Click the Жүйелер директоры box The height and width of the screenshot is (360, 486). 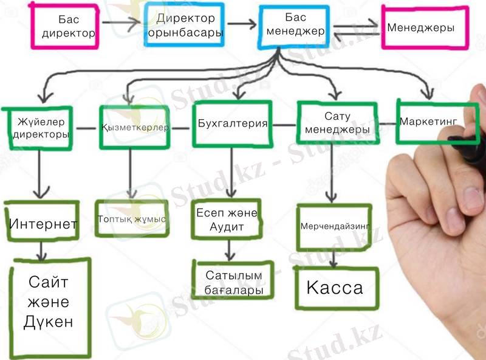click(39, 128)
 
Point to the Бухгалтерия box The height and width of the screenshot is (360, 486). click(232, 125)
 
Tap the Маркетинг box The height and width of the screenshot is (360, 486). click(428, 122)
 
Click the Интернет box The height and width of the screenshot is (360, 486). click(43, 223)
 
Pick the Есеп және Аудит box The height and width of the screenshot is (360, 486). click(227, 220)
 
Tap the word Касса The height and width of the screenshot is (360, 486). click(334, 288)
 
